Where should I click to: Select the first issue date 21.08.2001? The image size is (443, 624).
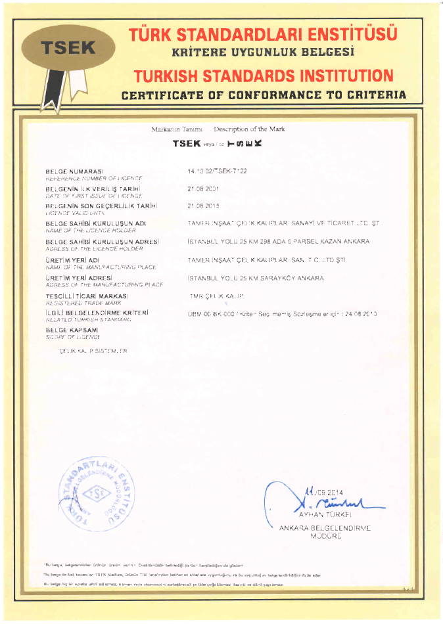click(202, 189)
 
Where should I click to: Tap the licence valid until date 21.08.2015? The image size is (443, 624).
click(202, 206)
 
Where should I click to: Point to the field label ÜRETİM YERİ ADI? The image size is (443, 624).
click(72, 259)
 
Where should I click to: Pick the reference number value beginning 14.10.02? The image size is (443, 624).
click(218, 171)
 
